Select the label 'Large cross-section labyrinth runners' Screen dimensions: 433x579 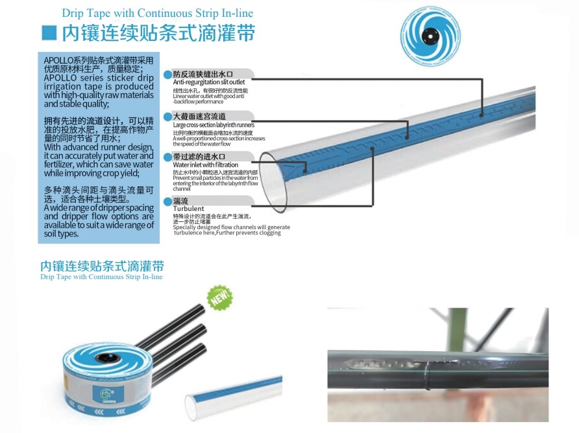click(x=214, y=125)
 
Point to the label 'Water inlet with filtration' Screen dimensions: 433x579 click(x=205, y=165)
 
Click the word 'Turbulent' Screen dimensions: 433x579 click(x=188, y=208)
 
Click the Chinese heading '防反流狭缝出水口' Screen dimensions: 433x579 click(x=203, y=74)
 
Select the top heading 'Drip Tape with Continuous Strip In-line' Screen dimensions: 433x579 click(x=157, y=13)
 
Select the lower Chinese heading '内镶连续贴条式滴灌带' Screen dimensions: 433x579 click(x=102, y=266)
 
